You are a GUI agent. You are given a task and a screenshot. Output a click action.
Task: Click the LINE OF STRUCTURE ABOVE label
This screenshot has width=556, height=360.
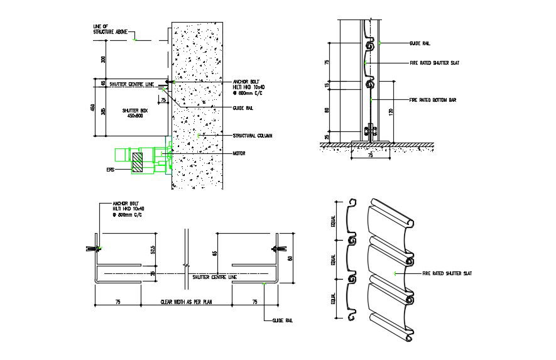click(104, 28)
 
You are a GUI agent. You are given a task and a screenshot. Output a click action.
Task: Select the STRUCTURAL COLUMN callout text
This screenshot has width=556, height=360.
click(252, 136)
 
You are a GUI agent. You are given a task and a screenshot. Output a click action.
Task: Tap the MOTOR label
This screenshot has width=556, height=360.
click(239, 153)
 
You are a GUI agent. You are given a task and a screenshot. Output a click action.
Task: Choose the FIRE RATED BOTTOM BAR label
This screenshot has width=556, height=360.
click(432, 100)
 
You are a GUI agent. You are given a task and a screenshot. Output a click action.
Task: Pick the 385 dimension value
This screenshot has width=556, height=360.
click(104, 111)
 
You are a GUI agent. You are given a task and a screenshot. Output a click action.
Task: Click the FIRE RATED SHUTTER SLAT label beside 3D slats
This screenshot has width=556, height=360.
click(447, 273)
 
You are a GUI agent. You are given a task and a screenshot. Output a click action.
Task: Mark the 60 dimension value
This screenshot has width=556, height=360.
click(290, 258)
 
